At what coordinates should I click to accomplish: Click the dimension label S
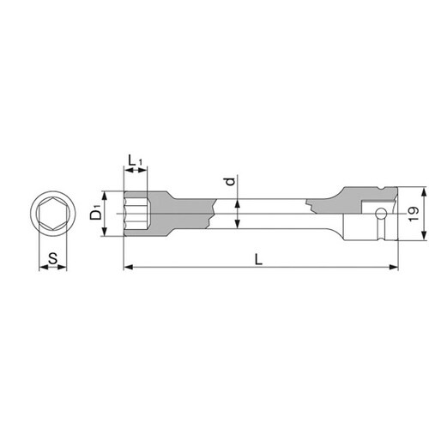pyautogui.click(x=52, y=258)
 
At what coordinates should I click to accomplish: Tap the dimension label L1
pyautogui.click(x=135, y=160)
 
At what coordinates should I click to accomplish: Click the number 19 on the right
pyautogui.click(x=414, y=214)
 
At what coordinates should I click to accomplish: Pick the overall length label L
pyautogui.click(x=258, y=260)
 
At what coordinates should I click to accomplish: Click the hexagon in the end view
pyautogui.click(x=53, y=214)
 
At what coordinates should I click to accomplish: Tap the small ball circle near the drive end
pyautogui.click(x=381, y=214)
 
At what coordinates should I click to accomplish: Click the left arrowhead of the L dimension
pyautogui.click(x=129, y=267)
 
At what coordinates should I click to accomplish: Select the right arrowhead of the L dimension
pyautogui.click(x=394, y=267)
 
